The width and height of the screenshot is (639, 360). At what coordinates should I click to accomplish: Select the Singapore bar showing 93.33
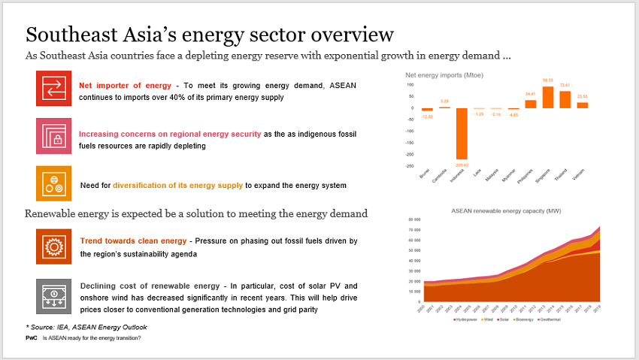click(548, 97)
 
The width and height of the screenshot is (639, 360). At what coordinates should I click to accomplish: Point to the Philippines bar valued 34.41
click(531, 104)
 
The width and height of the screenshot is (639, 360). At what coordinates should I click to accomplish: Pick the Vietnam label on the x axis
click(579, 177)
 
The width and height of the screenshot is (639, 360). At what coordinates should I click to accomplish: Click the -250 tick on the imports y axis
click(410, 166)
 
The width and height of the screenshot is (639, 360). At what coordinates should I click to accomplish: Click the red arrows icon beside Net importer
click(53, 88)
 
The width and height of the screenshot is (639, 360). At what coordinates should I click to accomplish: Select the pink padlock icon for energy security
click(53, 136)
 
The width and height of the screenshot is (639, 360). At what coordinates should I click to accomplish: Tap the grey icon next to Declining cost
click(53, 295)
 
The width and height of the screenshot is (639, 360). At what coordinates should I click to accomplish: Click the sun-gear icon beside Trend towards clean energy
click(53, 247)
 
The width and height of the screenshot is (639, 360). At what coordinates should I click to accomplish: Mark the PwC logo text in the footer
click(31, 338)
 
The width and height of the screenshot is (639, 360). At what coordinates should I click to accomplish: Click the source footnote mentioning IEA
click(86, 326)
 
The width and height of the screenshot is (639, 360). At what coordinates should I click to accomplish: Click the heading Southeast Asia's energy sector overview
click(209, 35)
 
